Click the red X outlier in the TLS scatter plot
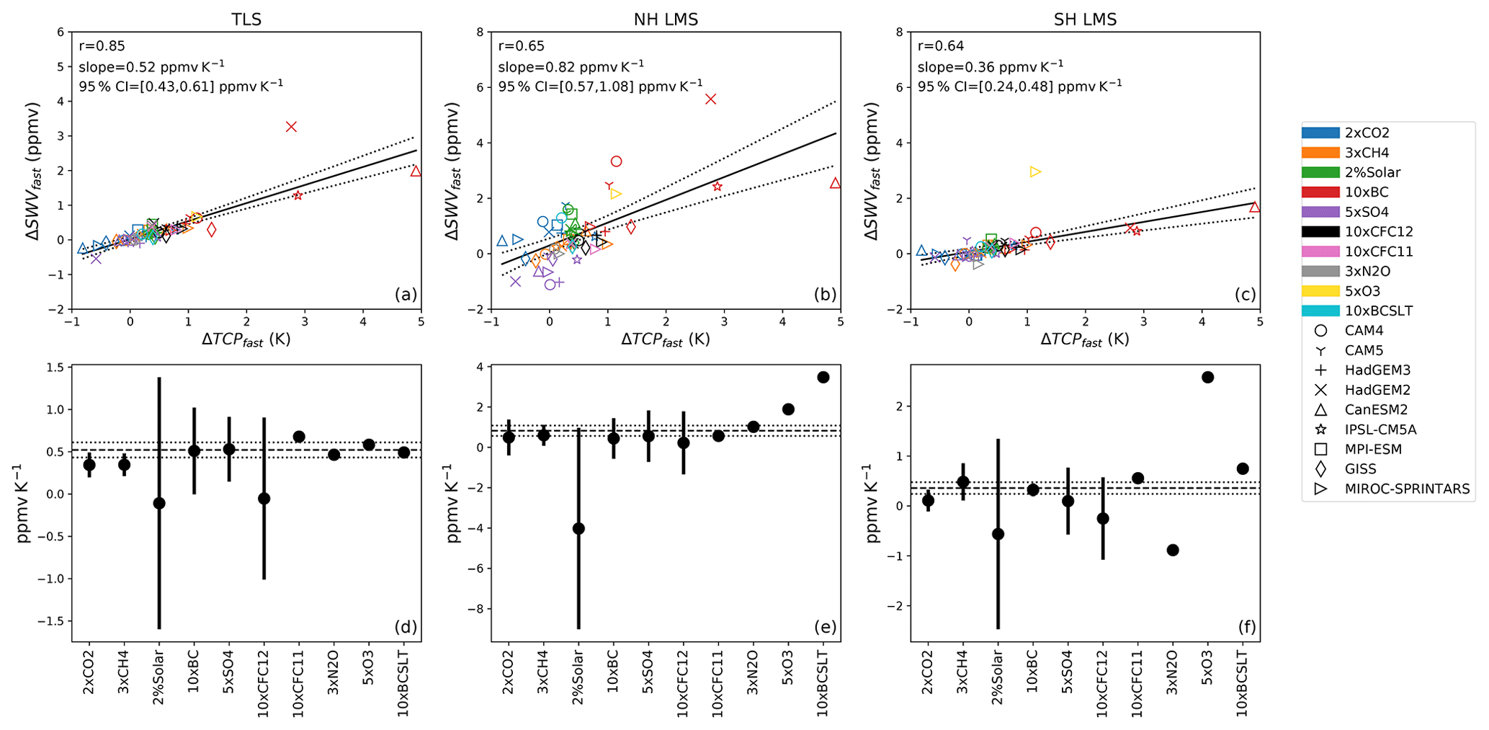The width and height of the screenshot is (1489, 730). click(291, 127)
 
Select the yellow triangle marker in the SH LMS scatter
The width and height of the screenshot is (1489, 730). click(1035, 172)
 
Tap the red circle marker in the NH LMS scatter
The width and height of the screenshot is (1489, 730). click(616, 161)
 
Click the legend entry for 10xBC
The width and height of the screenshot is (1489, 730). click(1367, 192)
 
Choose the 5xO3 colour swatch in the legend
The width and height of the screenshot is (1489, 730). click(1320, 291)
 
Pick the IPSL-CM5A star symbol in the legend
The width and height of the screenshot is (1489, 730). click(1320, 429)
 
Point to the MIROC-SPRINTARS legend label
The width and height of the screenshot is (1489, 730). click(1407, 489)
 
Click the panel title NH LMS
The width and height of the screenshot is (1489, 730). click(666, 19)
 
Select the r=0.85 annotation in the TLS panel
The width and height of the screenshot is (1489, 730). click(102, 46)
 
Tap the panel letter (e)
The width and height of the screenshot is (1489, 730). click(825, 627)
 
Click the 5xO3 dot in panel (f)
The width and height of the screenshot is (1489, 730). click(1208, 378)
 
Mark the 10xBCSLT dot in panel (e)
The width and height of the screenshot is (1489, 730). click(823, 378)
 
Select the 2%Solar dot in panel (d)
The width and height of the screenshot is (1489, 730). click(159, 503)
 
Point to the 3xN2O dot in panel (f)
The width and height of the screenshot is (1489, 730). click(1173, 551)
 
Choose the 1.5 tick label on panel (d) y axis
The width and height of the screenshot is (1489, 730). click(54, 368)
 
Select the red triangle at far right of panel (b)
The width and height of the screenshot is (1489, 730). click(835, 183)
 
